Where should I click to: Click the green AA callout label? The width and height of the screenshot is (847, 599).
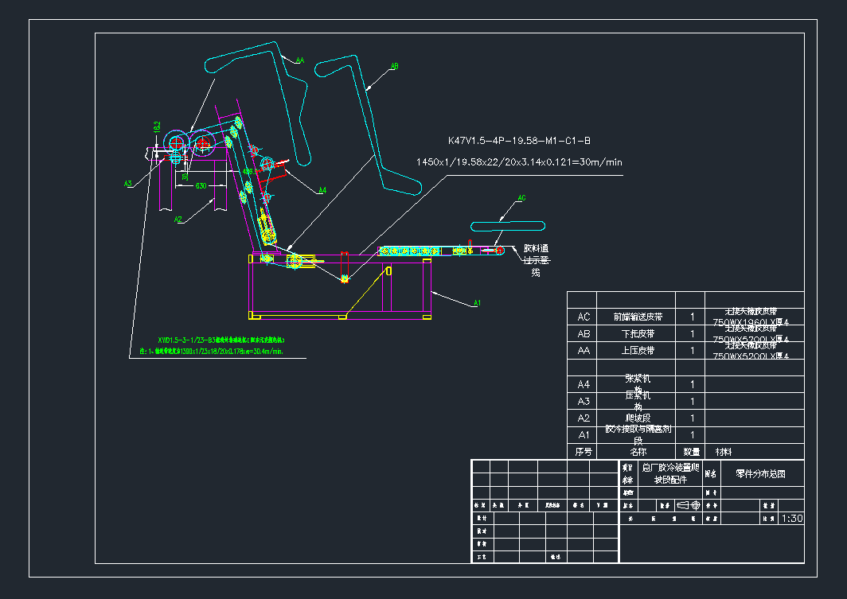coord(300,60)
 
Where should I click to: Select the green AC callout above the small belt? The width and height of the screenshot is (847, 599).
coord(521,197)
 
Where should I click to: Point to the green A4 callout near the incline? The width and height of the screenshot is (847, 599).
coord(322,190)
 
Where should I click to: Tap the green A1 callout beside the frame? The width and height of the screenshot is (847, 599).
coord(478,303)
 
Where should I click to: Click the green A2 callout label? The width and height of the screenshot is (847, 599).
coord(179,219)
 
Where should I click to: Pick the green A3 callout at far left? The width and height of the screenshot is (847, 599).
coord(127,184)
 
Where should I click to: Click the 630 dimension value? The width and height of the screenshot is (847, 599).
coord(201,186)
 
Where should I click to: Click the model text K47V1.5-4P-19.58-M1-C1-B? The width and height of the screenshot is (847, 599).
coord(518,141)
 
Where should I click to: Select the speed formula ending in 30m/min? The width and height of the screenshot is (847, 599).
coord(518,162)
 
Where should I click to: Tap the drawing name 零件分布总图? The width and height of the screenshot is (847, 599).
coord(759,473)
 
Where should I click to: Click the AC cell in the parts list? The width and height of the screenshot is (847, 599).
coord(584,317)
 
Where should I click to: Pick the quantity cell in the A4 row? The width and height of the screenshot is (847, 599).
coord(692,384)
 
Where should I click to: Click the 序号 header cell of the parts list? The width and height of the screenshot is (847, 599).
coord(584,451)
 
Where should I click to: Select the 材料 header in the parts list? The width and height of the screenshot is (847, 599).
coord(724,451)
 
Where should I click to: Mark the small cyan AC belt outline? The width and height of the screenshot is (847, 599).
coord(506,226)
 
